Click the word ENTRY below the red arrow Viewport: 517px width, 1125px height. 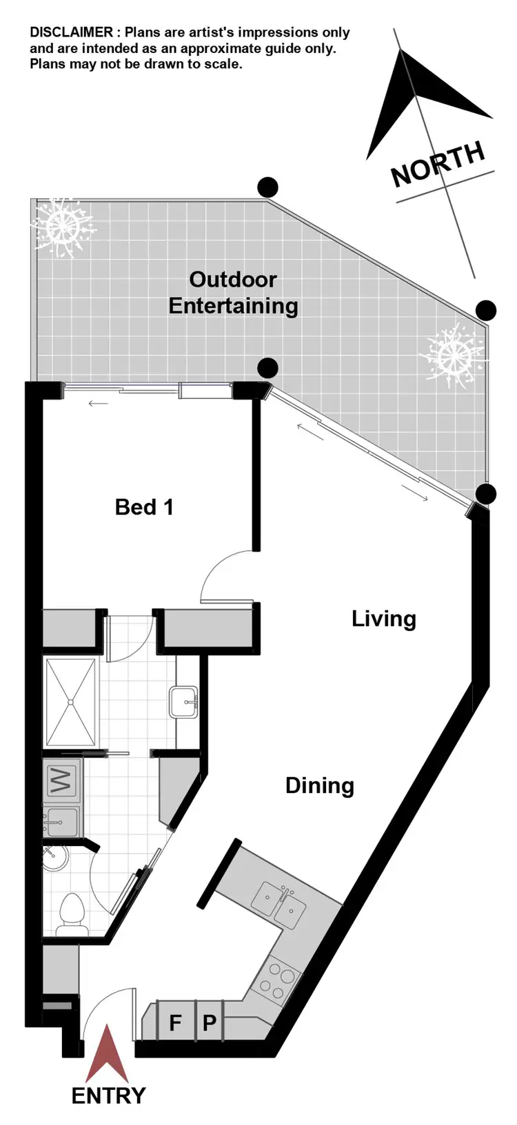pyautogui.click(x=108, y=1095)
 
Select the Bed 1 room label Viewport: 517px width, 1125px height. pyautogui.click(x=144, y=507)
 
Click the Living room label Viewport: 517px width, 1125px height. pyautogui.click(x=383, y=618)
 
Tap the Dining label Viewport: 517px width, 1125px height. pyautogui.click(x=319, y=785)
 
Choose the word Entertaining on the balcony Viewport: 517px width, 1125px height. pyautogui.click(x=233, y=305)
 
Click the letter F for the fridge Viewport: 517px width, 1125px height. pyautogui.click(x=175, y=1022)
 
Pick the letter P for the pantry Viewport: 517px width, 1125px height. pyautogui.click(x=209, y=1022)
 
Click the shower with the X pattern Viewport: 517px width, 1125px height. pyautogui.click(x=71, y=701)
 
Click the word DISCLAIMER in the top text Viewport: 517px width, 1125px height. pyautogui.click(x=71, y=32)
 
